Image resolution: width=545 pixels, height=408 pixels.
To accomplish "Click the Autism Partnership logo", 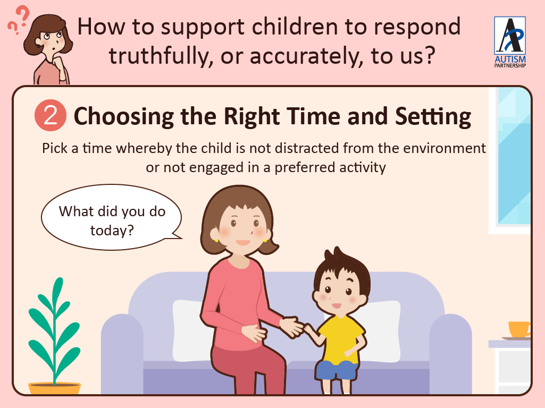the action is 510,42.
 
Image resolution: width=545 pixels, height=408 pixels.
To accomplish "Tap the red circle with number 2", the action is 51,115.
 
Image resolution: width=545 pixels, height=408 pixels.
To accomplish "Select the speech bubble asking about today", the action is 112,217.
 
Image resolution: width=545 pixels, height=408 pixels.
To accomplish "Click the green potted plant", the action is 55,330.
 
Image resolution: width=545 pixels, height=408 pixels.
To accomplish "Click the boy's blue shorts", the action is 337,370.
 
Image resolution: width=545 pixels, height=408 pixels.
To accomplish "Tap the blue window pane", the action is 514,156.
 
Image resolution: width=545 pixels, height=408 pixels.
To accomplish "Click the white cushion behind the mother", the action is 189,330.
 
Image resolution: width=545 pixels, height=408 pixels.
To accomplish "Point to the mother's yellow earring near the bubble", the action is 216,240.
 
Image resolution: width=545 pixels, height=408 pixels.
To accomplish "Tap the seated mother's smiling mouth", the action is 243,242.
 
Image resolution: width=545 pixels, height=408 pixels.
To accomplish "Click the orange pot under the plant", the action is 55,388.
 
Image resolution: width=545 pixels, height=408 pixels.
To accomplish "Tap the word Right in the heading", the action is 251,117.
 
